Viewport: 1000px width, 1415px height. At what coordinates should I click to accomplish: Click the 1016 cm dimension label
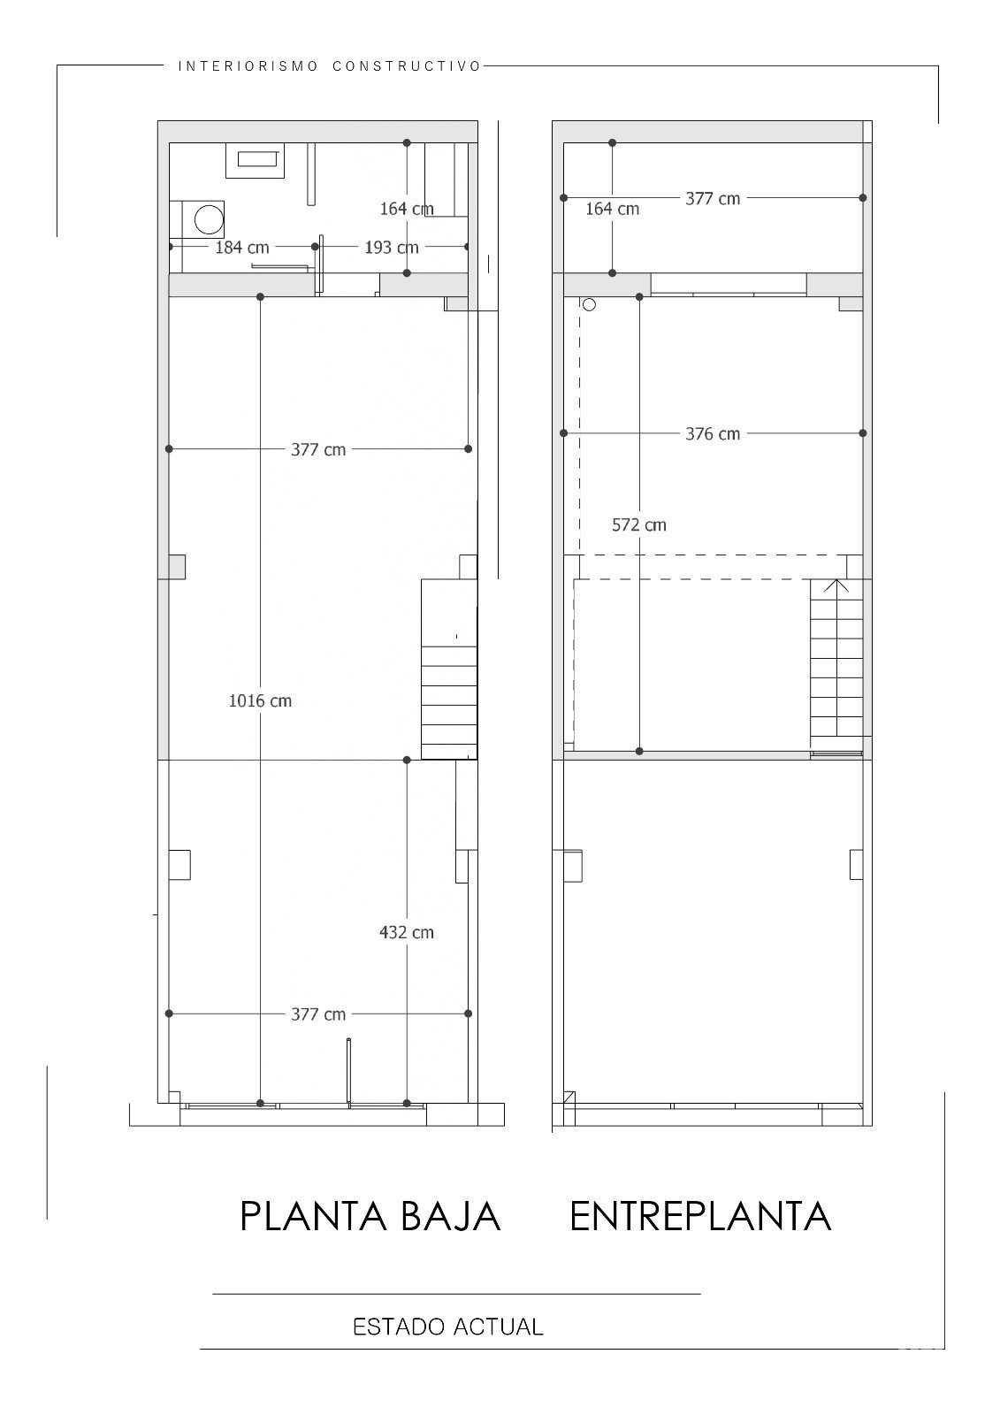pyautogui.click(x=260, y=700)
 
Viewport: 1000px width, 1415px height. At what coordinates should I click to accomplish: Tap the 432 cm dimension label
pyautogui.click(x=406, y=932)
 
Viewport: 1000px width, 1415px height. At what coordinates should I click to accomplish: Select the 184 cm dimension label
pyautogui.click(x=242, y=247)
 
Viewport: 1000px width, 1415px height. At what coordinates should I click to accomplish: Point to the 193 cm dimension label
pyautogui.click(x=392, y=247)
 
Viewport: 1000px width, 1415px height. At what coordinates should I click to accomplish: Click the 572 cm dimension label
pyautogui.click(x=638, y=525)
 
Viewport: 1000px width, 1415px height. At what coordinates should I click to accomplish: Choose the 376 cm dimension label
pyautogui.click(x=713, y=434)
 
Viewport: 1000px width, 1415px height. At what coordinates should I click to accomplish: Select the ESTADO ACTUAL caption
pyautogui.click(x=448, y=1327)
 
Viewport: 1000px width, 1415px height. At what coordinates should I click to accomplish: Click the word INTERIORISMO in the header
pyautogui.click(x=248, y=66)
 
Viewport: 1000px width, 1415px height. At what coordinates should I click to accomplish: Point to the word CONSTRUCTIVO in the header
pyautogui.click(x=408, y=66)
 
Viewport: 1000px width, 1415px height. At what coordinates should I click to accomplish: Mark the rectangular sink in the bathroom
pyautogui.click(x=256, y=160)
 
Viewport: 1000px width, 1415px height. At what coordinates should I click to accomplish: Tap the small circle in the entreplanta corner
pyautogui.click(x=589, y=304)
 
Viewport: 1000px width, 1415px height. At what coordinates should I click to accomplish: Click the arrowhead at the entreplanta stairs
pyautogui.click(x=836, y=585)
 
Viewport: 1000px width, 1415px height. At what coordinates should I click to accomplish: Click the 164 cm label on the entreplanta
pyautogui.click(x=612, y=209)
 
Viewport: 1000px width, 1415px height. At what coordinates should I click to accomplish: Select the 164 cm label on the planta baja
pyautogui.click(x=406, y=209)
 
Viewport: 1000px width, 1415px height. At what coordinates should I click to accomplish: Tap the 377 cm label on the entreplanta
pyautogui.click(x=713, y=199)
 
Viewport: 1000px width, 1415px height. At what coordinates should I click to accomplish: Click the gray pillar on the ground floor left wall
pyautogui.click(x=176, y=567)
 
